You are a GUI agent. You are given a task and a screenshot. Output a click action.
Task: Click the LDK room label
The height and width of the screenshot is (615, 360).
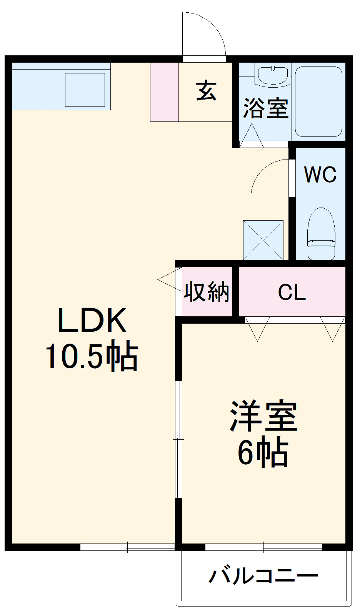click(x=92, y=320)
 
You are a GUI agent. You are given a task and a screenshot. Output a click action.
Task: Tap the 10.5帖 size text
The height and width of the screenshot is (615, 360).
click(x=92, y=356)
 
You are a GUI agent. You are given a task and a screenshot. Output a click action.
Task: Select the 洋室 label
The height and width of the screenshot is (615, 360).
click(x=263, y=416)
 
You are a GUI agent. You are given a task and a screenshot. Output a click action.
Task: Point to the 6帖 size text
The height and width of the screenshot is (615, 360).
click(x=263, y=452)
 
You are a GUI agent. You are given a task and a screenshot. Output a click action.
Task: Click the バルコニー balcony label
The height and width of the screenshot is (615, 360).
click(x=263, y=576)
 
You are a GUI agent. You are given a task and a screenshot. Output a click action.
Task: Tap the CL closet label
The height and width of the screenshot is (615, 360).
click(x=292, y=293)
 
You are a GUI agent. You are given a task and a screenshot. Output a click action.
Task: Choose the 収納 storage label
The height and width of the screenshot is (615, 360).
click(x=207, y=292)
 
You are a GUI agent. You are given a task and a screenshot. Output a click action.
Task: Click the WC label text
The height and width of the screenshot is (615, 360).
click(x=320, y=175)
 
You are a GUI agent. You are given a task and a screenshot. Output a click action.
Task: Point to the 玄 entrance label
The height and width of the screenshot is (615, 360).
click(x=206, y=91)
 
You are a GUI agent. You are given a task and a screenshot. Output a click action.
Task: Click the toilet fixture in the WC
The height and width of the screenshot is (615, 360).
click(x=321, y=234)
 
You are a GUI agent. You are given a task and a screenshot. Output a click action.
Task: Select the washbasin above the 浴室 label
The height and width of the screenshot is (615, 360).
click(x=273, y=75)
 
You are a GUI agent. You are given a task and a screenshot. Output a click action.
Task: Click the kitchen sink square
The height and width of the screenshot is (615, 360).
click(x=85, y=90)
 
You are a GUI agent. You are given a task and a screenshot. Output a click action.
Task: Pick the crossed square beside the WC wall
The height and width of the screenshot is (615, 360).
click(x=263, y=240)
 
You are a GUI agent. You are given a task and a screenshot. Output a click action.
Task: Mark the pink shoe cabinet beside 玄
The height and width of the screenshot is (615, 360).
click(x=164, y=92)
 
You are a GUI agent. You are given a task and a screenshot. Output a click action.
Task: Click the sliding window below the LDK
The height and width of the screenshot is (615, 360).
click(x=127, y=547)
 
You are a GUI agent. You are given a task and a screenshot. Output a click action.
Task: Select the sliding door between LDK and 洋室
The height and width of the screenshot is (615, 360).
click(x=178, y=439)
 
